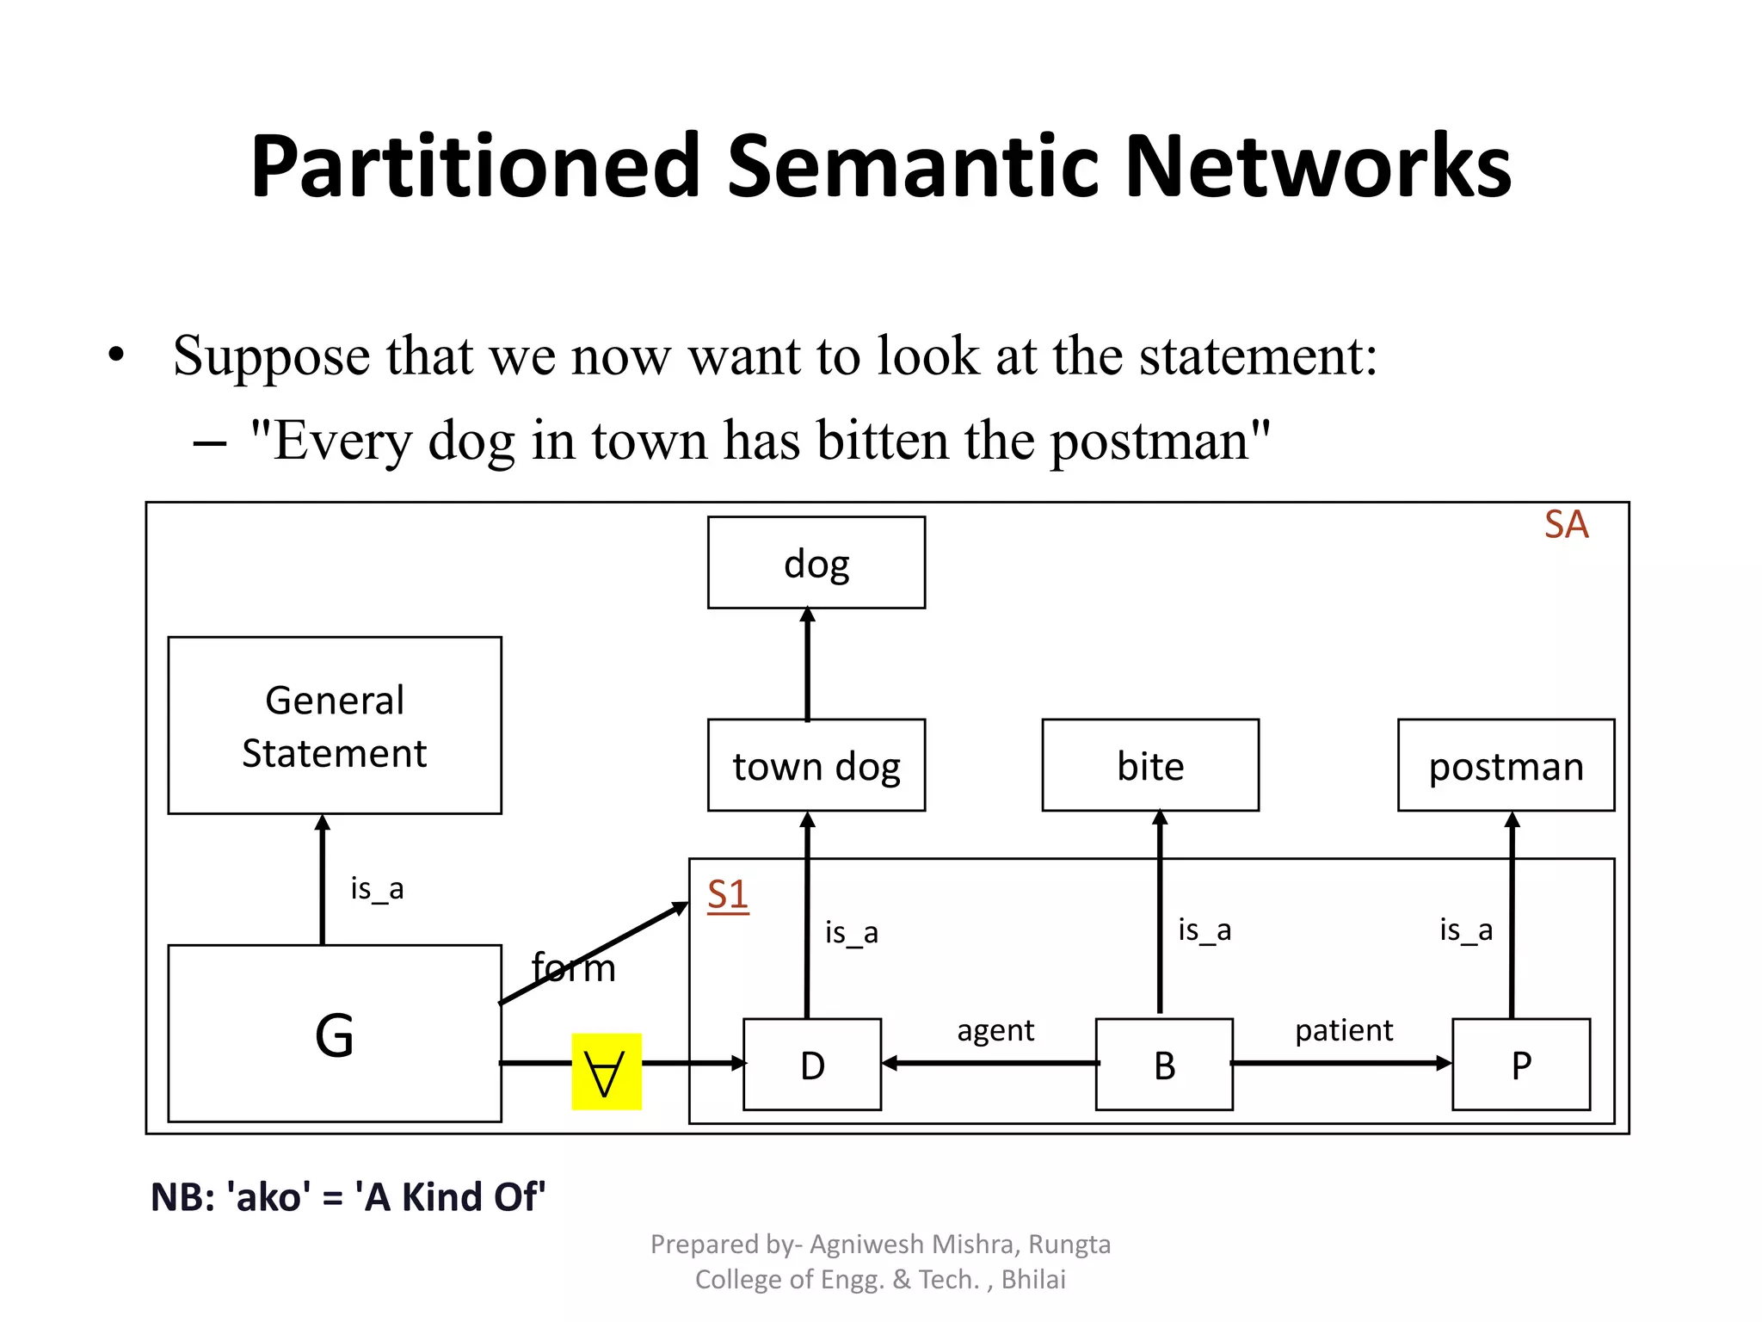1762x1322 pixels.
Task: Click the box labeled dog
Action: point(816,563)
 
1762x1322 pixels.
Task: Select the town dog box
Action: point(816,765)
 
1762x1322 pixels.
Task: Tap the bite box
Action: point(1150,765)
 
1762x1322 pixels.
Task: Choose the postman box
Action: point(1506,765)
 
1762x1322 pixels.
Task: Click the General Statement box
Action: point(335,726)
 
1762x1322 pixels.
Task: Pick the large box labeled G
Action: point(335,1034)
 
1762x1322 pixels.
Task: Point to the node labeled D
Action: point(812,1065)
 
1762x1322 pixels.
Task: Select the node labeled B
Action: point(1164,1065)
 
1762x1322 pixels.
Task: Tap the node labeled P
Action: point(1521,1065)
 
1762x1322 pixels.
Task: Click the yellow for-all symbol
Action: point(606,1072)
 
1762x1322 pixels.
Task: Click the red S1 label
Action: point(728,895)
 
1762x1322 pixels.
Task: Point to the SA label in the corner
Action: point(1566,525)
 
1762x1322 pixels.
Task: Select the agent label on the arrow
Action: point(995,1030)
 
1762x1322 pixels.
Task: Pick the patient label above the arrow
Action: point(1344,1030)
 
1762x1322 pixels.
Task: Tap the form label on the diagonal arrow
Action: point(574,968)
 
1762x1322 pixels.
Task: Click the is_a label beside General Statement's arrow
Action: point(377,888)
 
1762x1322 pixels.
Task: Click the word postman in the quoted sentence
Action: point(1149,441)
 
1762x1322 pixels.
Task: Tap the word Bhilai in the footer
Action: point(1033,1280)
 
